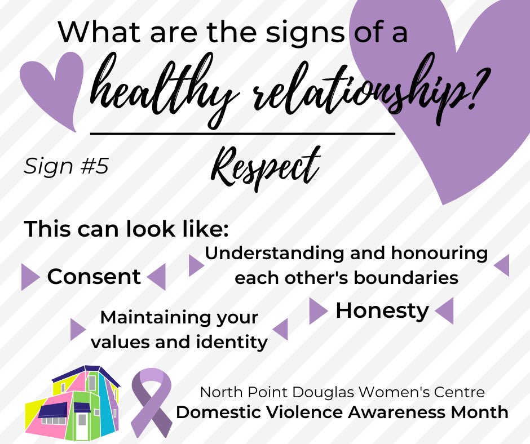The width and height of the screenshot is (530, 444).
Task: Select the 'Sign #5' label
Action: pos(66,166)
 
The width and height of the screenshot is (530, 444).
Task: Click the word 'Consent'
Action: pos(94,277)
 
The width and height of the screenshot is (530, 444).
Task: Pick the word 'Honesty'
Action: pos(382,310)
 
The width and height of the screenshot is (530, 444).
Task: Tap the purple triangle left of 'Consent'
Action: pos(30,277)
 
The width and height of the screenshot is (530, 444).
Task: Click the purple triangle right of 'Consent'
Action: pos(157,277)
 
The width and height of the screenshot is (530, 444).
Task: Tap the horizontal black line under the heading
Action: pos(242,134)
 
